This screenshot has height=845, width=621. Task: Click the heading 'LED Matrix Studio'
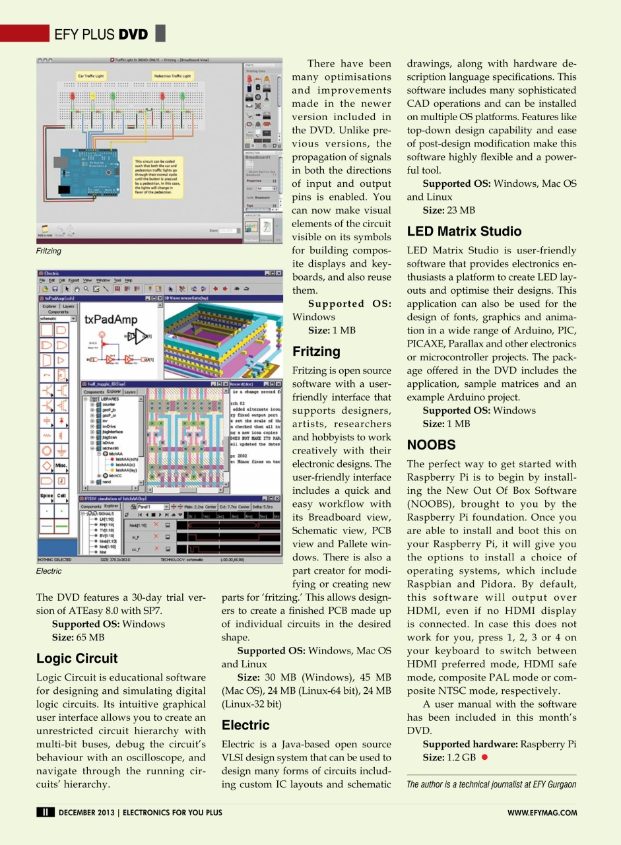464,232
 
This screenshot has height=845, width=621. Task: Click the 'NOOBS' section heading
431,445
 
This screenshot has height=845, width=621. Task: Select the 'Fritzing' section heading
316,351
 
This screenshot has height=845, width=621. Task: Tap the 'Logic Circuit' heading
77,658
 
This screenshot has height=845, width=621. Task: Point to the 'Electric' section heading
245,726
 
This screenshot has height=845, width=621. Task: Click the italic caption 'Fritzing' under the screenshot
49,252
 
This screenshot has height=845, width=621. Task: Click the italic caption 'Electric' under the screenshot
49,571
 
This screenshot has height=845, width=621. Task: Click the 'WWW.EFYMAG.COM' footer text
542,813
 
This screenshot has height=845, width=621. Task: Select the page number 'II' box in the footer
45,813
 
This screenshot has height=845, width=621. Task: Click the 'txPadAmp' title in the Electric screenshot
111,320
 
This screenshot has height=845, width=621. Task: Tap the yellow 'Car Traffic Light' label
91,77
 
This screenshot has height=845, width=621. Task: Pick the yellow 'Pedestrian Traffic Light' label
172,77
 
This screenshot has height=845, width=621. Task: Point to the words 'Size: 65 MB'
78,637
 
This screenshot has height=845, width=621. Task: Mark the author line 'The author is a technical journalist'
492,784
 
